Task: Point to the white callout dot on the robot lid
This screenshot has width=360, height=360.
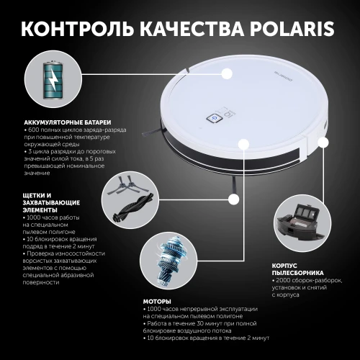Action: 227,73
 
